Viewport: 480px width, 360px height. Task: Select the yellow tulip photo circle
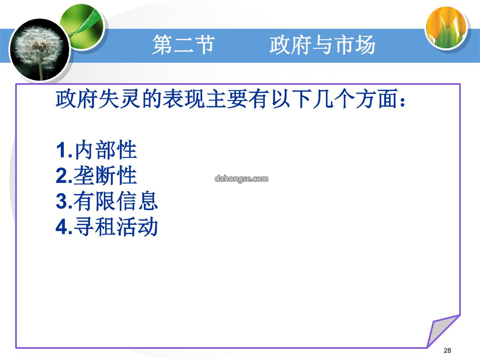pos(447,28)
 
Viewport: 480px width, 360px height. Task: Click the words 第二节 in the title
pos(184,45)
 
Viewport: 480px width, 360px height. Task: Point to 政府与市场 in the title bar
pos(322,45)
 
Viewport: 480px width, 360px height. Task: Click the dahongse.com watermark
pos(241,179)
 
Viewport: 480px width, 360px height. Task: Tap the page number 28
pos(447,350)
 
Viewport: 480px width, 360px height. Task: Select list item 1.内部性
pos(96,150)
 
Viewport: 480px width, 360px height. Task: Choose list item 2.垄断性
pos(96,176)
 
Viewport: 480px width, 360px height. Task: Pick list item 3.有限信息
pos(107,201)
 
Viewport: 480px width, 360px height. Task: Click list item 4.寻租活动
pos(107,227)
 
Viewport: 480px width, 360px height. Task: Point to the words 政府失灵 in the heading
pos(98,99)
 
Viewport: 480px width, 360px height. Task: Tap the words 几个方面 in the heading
pos(355,99)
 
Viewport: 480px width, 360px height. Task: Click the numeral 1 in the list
pos(60,150)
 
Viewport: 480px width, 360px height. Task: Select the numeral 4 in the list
pos(61,227)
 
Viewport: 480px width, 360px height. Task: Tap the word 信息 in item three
pos(137,201)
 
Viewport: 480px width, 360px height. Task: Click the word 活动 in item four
pos(137,227)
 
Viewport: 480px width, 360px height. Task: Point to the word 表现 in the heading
pos(184,99)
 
